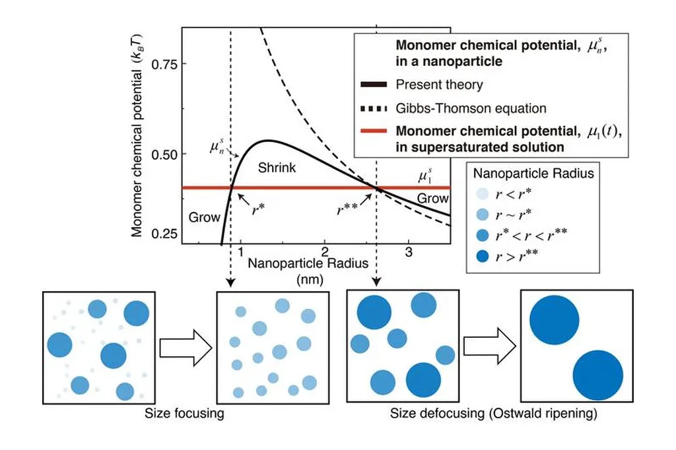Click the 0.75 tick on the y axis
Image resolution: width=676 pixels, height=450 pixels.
[x=183, y=64]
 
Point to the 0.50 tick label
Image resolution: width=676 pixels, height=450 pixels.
[x=165, y=154]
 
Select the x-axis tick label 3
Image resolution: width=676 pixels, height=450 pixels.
[x=409, y=252]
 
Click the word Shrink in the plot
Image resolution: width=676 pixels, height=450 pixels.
[x=277, y=168]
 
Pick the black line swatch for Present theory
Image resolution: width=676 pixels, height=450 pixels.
[x=374, y=84]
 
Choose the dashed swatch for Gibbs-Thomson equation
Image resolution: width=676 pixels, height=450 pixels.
[x=374, y=108]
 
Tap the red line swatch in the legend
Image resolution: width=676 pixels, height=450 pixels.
[x=374, y=131]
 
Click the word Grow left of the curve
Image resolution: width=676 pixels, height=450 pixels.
[x=205, y=216]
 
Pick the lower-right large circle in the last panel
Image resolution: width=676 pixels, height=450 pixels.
[x=598, y=375]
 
